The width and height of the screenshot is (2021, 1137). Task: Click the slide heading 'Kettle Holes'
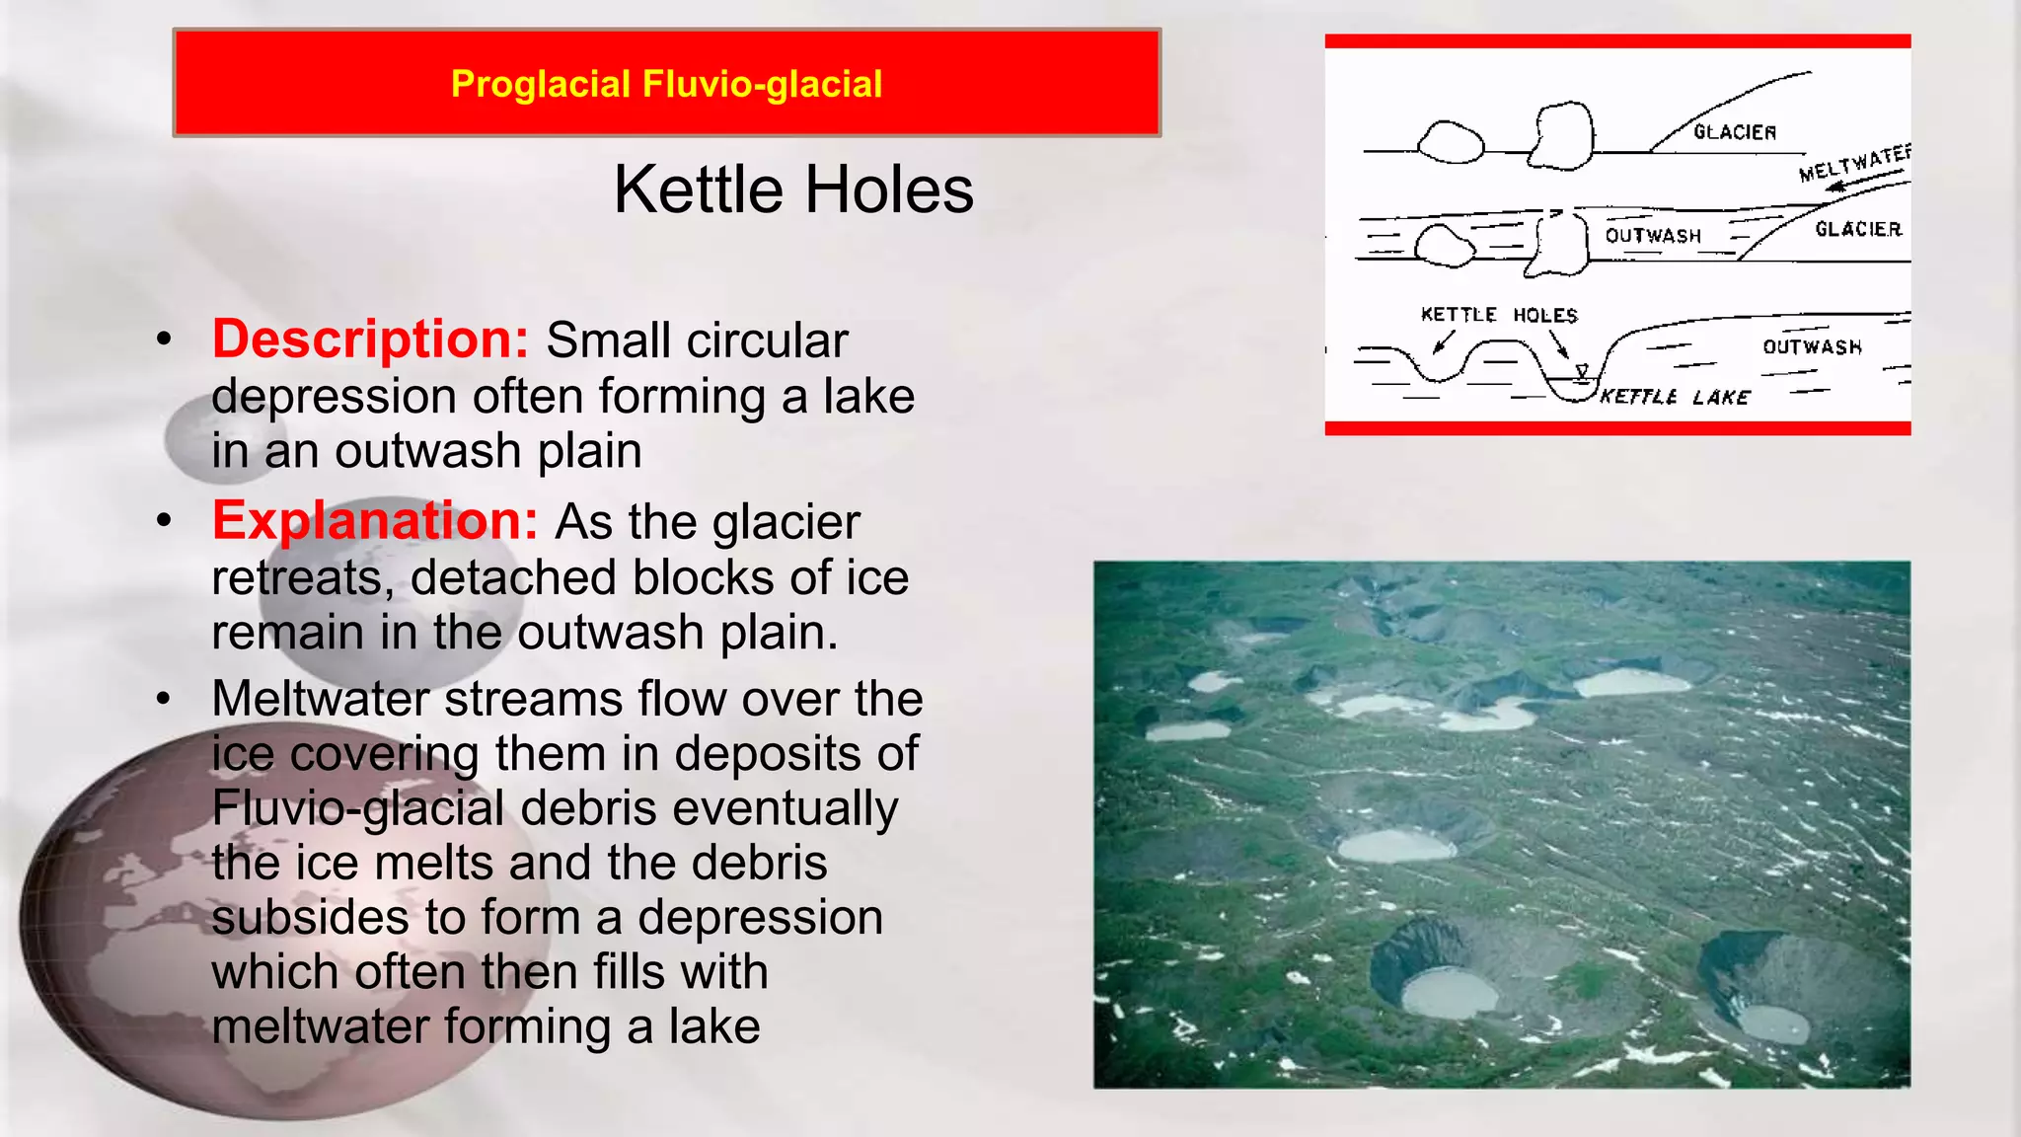[793, 189]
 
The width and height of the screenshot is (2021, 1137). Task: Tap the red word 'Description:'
[371, 340]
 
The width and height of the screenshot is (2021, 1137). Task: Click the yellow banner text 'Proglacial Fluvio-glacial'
[666, 84]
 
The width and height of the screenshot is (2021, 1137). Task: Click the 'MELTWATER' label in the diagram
[1854, 163]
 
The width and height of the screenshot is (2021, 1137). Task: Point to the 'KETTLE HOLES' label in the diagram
[1499, 315]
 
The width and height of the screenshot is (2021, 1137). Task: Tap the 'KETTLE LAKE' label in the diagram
[1675, 397]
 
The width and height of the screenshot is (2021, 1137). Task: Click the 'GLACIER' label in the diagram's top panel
[1735, 132]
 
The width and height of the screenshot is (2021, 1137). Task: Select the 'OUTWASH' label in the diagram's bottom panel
[1812, 346]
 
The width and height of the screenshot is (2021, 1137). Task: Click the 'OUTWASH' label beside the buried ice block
[1653, 236]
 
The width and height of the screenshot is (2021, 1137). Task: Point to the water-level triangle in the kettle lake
[1582, 372]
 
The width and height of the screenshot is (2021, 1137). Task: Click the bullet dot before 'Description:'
[164, 340]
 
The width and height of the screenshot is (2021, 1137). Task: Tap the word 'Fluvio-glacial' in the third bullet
[357, 808]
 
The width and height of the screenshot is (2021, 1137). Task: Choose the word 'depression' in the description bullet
[334, 397]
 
